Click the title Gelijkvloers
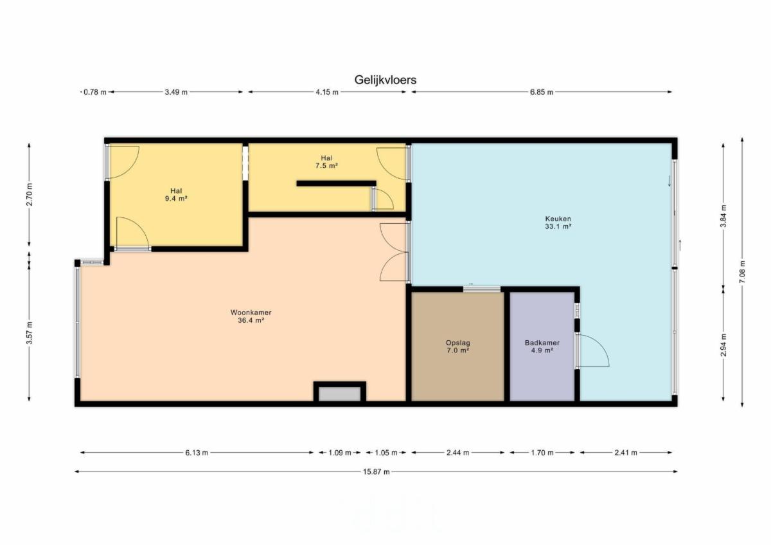(385, 80)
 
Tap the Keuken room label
(558, 219)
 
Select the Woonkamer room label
(251, 313)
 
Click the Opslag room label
(457, 343)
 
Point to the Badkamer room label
(542, 343)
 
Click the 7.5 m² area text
(326, 166)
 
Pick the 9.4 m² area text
(176, 199)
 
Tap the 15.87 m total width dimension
(377, 471)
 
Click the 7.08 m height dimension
(742, 272)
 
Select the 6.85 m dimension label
(542, 92)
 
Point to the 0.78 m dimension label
(95, 92)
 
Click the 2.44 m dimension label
(457, 453)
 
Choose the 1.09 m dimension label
(340, 453)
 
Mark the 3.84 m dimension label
(723, 216)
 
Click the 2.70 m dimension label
(30, 194)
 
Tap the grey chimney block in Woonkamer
(339, 394)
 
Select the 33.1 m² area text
(558, 226)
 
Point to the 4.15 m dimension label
(327, 92)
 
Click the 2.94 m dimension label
(723, 345)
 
